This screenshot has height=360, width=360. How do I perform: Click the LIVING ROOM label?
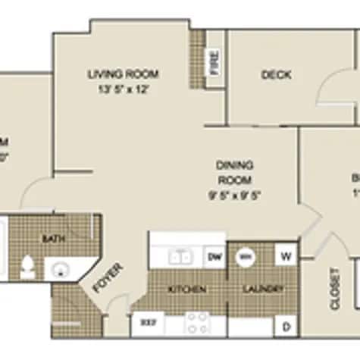[x=123, y=74]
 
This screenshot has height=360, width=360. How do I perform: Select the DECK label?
[x=276, y=74]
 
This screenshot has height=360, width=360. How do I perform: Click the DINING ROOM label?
[x=234, y=172]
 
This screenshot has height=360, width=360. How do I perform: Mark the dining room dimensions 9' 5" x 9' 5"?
[x=234, y=193]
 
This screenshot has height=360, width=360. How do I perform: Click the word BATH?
[x=52, y=239]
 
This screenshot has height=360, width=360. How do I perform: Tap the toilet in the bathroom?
[x=28, y=267]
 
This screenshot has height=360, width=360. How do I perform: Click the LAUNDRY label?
[x=263, y=290]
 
